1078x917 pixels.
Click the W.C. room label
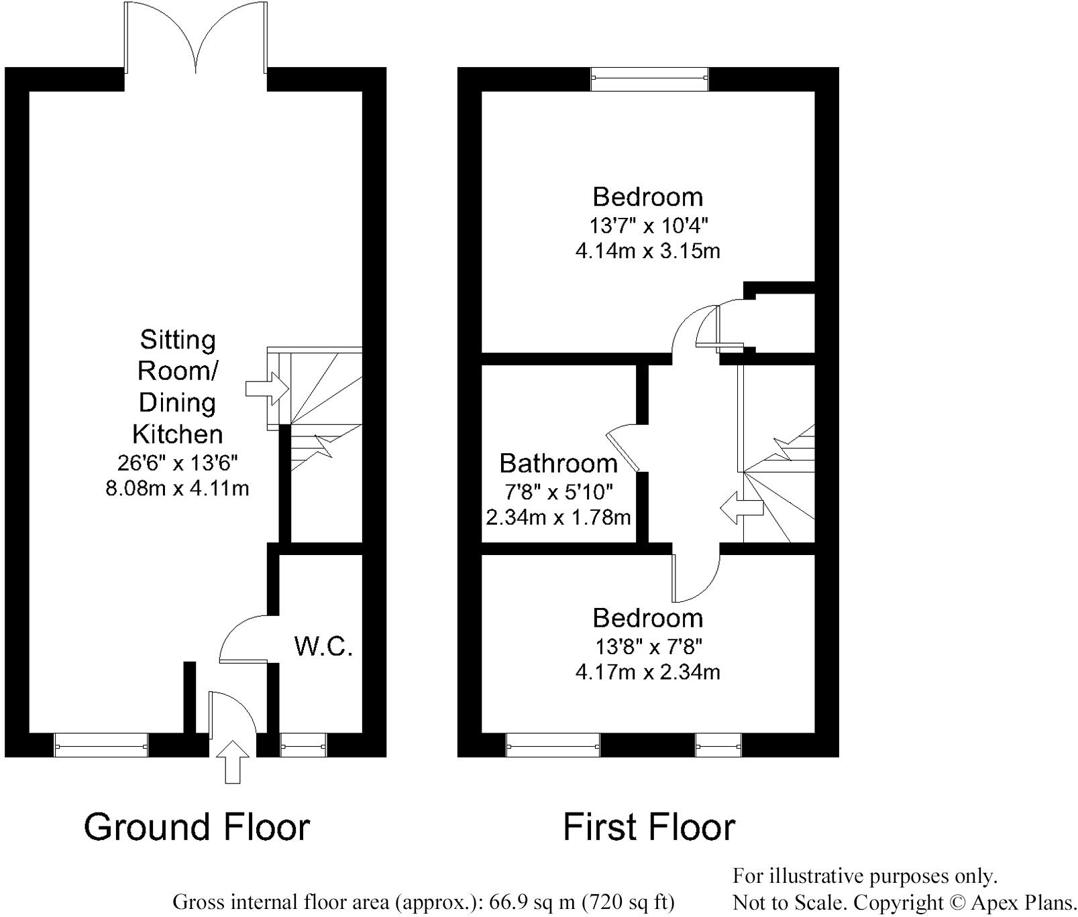pyautogui.click(x=323, y=646)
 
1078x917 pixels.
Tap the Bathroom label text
pyautogui.click(x=558, y=463)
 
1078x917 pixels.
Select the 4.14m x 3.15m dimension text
pyautogui.click(x=647, y=251)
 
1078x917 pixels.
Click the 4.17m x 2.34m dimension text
pyautogui.click(x=647, y=671)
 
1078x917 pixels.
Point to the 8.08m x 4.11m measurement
pyautogui.click(x=177, y=488)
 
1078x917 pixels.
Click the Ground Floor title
pyautogui.click(x=197, y=827)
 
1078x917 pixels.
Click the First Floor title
pyautogui.click(x=649, y=827)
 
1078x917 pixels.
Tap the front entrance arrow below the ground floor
pyautogui.click(x=233, y=761)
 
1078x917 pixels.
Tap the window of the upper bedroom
pyautogui.click(x=649, y=79)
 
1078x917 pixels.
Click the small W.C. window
pyautogui.click(x=303, y=745)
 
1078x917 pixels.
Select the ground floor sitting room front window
pyautogui.click(x=101, y=745)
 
